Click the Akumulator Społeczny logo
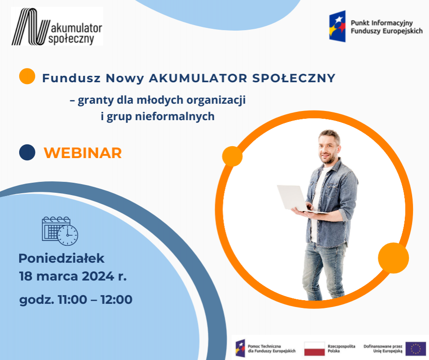click(57, 26)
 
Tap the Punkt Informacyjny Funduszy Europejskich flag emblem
click(337, 26)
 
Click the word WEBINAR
click(83, 153)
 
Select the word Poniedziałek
click(62, 258)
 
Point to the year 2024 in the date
click(98, 276)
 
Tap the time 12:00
click(117, 300)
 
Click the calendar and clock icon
click(60, 231)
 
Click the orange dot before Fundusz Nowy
click(27, 76)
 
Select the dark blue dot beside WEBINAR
click(27, 152)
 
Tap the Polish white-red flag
click(314, 349)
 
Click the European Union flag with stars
click(416, 349)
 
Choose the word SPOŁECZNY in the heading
click(294, 78)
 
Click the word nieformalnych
click(175, 116)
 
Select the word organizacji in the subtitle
click(216, 100)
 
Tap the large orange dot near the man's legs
click(393, 258)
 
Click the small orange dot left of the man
click(232, 156)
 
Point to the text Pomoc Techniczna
click(264, 346)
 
